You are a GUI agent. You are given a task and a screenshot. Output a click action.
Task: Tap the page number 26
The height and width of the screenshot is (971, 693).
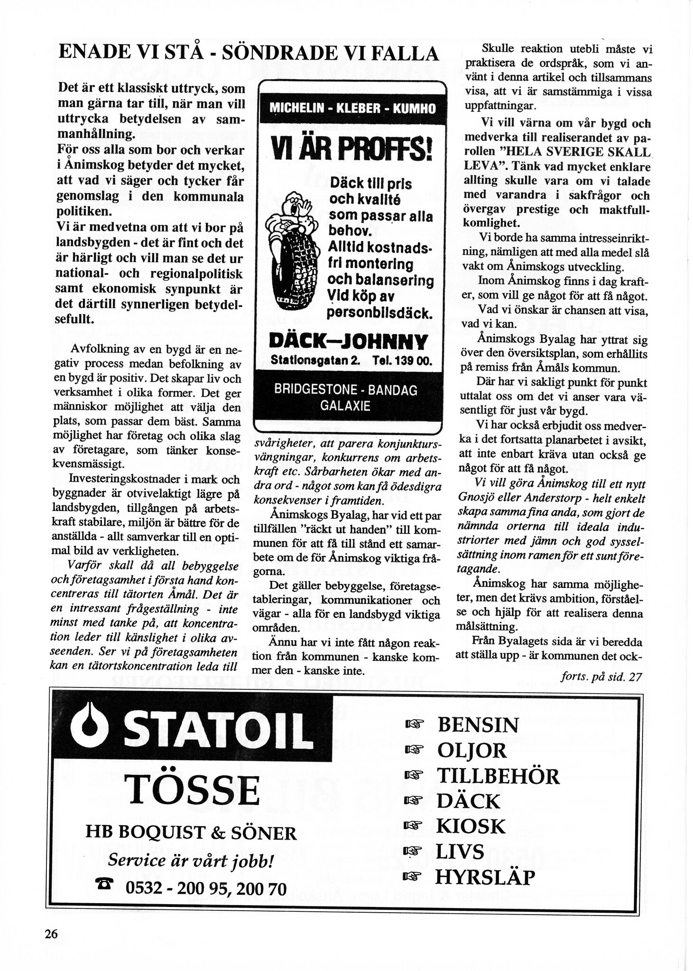pos(51,934)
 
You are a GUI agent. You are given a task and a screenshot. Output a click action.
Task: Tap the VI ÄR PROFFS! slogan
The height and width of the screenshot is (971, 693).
pos(351,150)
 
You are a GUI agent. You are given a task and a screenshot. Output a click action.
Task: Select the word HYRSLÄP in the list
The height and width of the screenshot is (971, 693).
pos(485,878)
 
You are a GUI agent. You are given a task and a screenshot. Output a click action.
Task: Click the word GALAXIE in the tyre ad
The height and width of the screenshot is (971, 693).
pos(345,406)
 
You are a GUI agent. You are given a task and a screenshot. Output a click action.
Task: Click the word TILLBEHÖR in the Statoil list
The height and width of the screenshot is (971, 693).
pos(498,776)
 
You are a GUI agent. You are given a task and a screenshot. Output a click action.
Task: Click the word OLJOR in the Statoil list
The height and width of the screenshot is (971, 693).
pos(471,751)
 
